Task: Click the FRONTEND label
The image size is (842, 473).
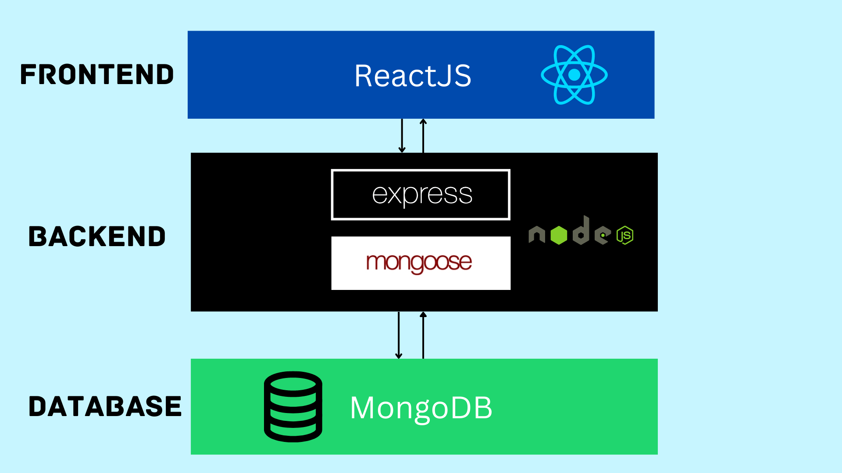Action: pyautogui.click(x=97, y=74)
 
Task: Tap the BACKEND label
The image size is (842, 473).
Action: pyautogui.click(x=97, y=236)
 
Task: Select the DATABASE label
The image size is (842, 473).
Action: pyautogui.click(x=105, y=406)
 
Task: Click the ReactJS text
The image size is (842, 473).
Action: pyautogui.click(x=413, y=76)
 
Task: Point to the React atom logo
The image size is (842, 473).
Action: pyautogui.click(x=574, y=75)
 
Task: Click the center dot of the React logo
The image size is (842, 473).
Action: pyautogui.click(x=574, y=75)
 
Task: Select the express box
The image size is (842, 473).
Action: pyautogui.click(x=421, y=194)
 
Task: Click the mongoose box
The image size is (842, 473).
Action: pyautogui.click(x=421, y=263)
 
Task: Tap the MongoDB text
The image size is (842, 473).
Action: pyautogui.click(x=421, y=408)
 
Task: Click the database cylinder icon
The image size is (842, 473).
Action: pyautogui.click(x=293, y=406)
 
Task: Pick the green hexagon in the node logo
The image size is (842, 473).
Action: pyautogui.click(x=559, y=235)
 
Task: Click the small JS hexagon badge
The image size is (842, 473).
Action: pyautogui.click(x=625, y=235)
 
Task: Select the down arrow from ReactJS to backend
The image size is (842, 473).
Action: pyautogui.click(x=402, y=136)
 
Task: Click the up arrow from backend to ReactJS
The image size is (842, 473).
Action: pyautogui.click(x=423, y=136)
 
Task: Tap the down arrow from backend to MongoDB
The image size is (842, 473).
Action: pyautogui.click(x=399, y=335)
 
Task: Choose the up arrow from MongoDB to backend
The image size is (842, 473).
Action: pyautogui.click(x=423, y=335)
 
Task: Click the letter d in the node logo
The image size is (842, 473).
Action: pyautogui.click(x=582, y=231)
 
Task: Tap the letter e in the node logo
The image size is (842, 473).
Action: pyautogui.click(x=603, y=235)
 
